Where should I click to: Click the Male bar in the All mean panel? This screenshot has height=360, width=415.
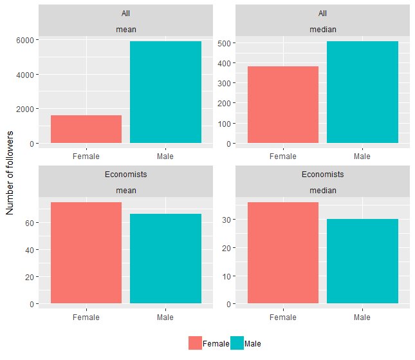pos(165,92)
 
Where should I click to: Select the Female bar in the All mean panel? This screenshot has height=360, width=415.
pos(86,129)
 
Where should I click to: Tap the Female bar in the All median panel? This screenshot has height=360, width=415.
pos(283,104)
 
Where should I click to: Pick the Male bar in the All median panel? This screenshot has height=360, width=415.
pos(362,92)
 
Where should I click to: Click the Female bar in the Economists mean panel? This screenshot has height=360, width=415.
pos(86,252)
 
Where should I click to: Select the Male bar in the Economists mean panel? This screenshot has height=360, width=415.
pos(165,258)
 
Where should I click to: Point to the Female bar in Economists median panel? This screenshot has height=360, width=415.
pos(283,252)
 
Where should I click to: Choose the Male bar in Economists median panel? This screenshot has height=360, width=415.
pos(362,261)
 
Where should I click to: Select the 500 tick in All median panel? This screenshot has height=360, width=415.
pos(225,43)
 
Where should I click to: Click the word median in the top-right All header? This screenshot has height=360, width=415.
pos(322,29)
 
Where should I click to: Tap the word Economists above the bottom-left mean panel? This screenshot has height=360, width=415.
pos(125,175)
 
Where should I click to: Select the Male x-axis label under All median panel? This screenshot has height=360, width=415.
pos(362,156)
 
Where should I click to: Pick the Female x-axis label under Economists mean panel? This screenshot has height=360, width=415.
pos(86,317)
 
